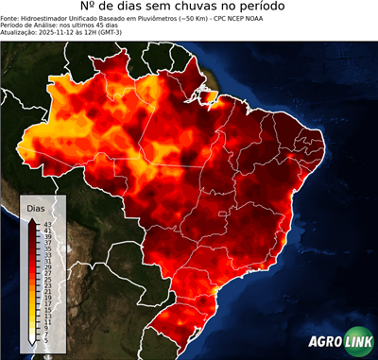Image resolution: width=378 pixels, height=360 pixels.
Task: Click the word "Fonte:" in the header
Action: pyautogui.click(x=12, y=20)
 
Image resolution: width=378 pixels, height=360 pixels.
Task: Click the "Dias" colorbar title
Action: pyautogui.click(x=36, y=208)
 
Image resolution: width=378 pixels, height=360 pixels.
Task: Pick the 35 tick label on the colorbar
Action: pyautogui.click(x=47, y=249)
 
